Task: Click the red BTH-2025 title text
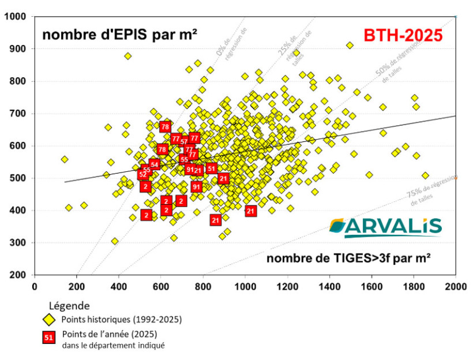[x=403, y=35]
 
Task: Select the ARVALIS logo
[x=385, y=227]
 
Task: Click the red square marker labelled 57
[x=184, y=141]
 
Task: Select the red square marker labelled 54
[x=154, y=164]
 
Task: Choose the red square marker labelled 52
[x=142, y=174]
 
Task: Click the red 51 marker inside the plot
[x=212, y=168]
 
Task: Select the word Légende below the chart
[x=69, y=306]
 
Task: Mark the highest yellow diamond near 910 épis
[x=350, y=45]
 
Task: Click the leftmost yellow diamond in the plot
[x=65, y=159]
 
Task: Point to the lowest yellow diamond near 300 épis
[x=115, y=241]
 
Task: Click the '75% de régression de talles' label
[x=425, y=196]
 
